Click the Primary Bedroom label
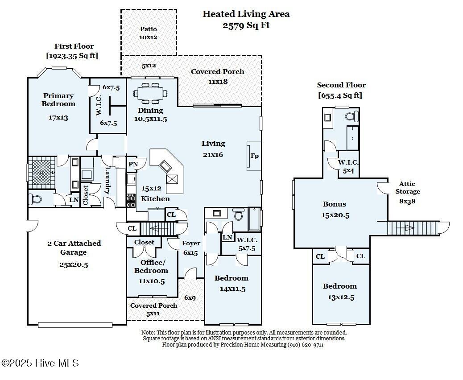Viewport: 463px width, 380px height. click(x=58, y=99)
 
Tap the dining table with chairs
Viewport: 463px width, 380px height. click(x=150, y=94)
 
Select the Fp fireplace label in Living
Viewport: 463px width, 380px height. click(x=255, y=156)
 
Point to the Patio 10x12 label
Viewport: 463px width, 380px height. click(x=148, y=33)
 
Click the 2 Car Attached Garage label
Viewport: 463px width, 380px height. click(x=74, y=248)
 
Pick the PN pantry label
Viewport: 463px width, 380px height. click(x=133, y=164)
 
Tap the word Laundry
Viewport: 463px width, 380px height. click(x=107, y=181)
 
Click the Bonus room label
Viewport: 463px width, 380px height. click(x=335, y=204)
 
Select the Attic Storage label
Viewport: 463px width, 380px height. click(x=408, y=187)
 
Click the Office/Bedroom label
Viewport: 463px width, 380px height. click(x=151, y=266)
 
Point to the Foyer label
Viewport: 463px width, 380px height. click(x=191, y=243)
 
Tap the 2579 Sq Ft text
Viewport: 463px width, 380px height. click(x=246, y=25)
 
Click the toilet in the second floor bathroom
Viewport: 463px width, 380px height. click(x=351, y=116)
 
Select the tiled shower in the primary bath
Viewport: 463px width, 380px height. click(x=41, y=172)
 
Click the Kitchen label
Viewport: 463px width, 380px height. click(x=155, y=199)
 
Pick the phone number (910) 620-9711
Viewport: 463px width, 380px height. click(x=305, y=345)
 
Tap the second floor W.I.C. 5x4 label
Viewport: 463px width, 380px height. click(x=348, y=166)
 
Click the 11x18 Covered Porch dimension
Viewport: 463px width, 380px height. click(x=218, y=82)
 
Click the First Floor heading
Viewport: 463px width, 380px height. click(x=74, y=46)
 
